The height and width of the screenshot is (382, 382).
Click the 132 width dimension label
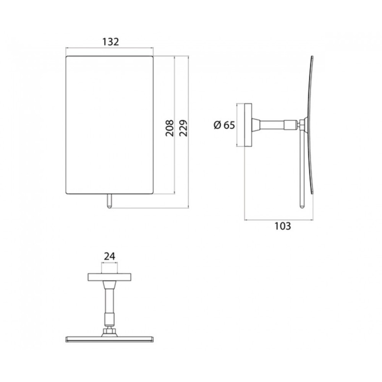coord(110,42)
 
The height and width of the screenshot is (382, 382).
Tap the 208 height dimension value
coord(170,128)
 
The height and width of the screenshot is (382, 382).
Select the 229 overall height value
coord(184,128)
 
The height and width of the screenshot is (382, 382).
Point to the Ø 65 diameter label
coord(224,125)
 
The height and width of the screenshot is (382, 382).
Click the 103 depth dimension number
coord(283,226)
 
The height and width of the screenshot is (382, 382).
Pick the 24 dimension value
coord(109,256)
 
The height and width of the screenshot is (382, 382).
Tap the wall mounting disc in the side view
coord(248,125)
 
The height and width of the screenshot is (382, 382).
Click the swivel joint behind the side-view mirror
coord(302,125)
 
